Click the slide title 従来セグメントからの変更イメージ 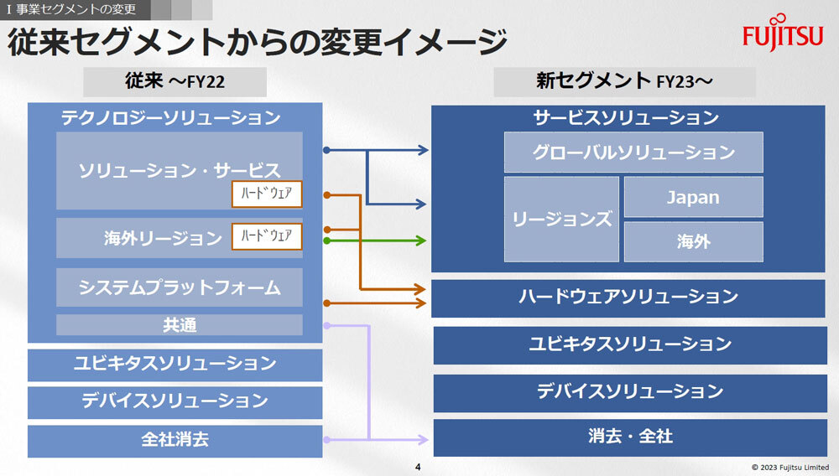click(x=258, y=42)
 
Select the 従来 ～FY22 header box click(x=175, y=82)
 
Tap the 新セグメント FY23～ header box click(x=624, y=82)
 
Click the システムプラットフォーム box click(x=179, y=287)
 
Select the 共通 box click(x=179, y=325)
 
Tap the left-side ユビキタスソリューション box click(x=175, y=364)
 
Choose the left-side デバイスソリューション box click(x=175, y=401)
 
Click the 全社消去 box click(x=175, y=439)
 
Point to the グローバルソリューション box click(x=633, y=153)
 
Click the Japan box click(x=693, y=197)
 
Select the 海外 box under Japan click(x=693, y=241)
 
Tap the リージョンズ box click(x=561, y=219)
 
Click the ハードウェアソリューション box click(x=628, y=297)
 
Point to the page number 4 click(x=418, y=466)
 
